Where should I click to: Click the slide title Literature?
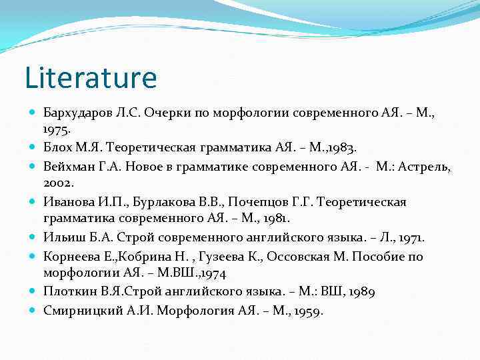click(x=91, y=77)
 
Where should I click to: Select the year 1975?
click(x=57, y=127)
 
